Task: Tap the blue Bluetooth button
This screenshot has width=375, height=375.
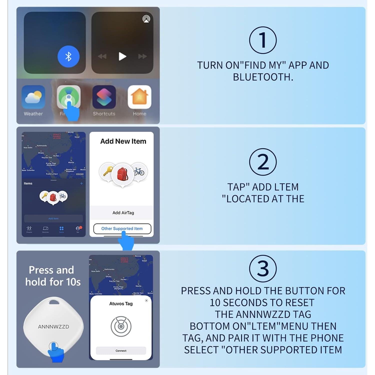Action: click(x=68, y=56)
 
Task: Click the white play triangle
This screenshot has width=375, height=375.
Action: click(x=122, y=56)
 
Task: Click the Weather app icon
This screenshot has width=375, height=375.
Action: click(x=33, y=97)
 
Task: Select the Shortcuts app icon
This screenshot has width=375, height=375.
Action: click(x=104, y=97)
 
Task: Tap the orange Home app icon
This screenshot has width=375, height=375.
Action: click(x=139, y=97)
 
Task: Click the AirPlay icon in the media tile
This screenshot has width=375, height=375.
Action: click(x=146, y=19)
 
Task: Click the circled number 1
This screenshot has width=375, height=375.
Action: click(x=263, y=40)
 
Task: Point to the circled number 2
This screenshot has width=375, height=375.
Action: click(x=263, y=162)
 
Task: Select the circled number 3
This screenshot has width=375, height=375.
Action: click(x=263, y=269)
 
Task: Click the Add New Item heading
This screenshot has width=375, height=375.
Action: click(x=123, y=141)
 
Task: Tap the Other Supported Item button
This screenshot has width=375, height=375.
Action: click(x=122, y=228)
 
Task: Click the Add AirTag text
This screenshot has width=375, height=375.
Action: click(x=123, y=213)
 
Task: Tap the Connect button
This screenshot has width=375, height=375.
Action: click(x=121, y=351)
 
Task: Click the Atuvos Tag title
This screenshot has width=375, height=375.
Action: click(x=121, y=303)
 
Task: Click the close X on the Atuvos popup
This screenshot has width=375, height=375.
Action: click(x=146, y=300)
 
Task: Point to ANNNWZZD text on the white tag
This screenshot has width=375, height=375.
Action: click(x=53, y=327)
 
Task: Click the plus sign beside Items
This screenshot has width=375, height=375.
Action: click(x=81, y=183)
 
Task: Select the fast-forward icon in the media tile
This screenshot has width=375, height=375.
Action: click(x=142, y=56)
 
